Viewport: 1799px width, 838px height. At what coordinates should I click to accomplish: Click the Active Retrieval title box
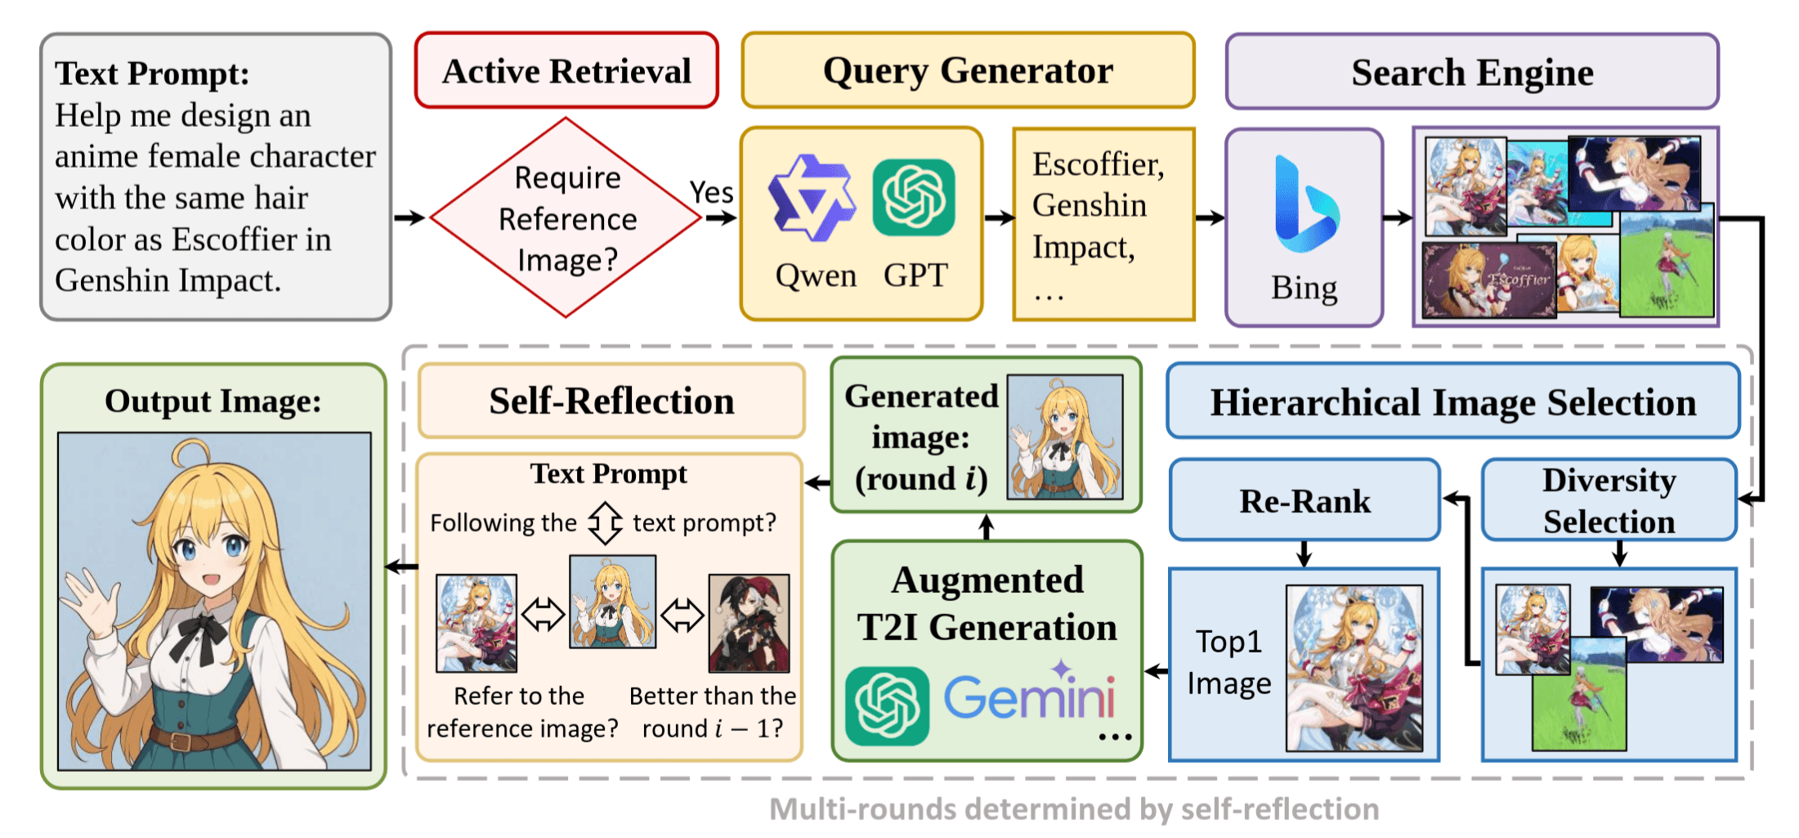tap(566, 70)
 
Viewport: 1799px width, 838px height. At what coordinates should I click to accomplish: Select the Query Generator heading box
tap(968, 70)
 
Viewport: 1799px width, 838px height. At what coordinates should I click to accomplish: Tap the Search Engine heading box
tap(1472, 72)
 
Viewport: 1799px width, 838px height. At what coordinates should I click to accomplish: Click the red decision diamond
tap(566, 217)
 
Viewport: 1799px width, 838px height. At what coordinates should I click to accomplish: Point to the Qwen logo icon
tap(812, 198)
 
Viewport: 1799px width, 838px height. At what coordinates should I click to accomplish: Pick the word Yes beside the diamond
tap(711, 192)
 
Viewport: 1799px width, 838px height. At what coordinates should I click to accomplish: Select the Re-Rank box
tap(1304, 500)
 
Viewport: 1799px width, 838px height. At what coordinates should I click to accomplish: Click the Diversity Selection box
tap(1609, 500)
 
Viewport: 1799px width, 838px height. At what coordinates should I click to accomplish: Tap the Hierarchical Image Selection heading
tap(1453, 401)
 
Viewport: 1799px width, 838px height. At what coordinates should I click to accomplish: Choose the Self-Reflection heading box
tap(611, 401)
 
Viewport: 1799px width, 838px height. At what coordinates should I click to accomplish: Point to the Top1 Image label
tap(1228, 662)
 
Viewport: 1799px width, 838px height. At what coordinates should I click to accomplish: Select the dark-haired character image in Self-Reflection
tap(749, 623)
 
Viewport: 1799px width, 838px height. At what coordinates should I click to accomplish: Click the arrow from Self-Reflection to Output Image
tap(401, 567)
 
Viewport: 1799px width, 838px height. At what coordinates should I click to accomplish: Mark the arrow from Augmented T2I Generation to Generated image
tap(987, 527)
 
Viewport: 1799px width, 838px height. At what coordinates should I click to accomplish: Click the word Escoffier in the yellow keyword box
tap(1098, 164)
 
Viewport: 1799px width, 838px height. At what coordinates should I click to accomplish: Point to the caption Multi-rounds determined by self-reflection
tap(1074, 809)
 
